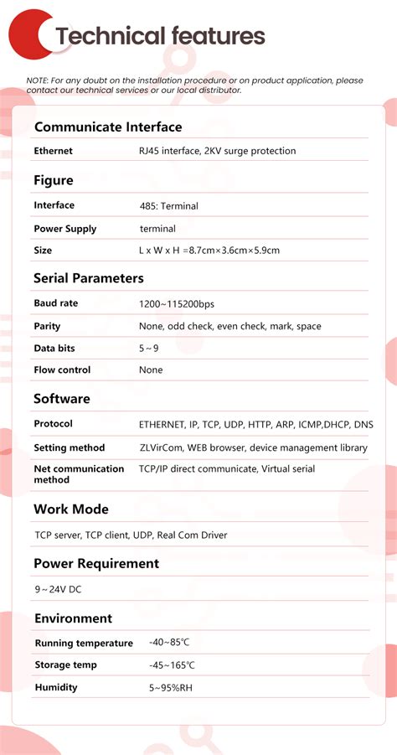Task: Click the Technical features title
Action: coord(160,36)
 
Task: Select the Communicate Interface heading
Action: coord(107,127)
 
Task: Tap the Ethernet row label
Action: coord(53,151)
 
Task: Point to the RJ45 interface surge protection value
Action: coord(217,151)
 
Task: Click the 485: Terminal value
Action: coord(168,205)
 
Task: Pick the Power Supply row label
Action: coord(64,229)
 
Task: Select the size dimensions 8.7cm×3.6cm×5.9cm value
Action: coord(209,251)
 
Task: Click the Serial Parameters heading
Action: coord(88,278)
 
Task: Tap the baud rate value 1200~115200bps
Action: coord(176,303)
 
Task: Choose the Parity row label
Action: coord(47,326)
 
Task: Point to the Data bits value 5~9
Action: coord(148,348)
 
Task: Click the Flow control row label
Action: coord(62,370)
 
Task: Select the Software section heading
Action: coord(61,399)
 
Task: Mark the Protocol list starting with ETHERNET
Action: coord(255,424)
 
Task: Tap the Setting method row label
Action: coord(69,447)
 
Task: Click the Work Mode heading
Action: coord(70,509)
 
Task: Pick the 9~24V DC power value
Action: coord(58,589)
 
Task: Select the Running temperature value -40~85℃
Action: coord(169,643)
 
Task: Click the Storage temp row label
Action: coord(65,665)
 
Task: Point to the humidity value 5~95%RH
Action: coord(171,687)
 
